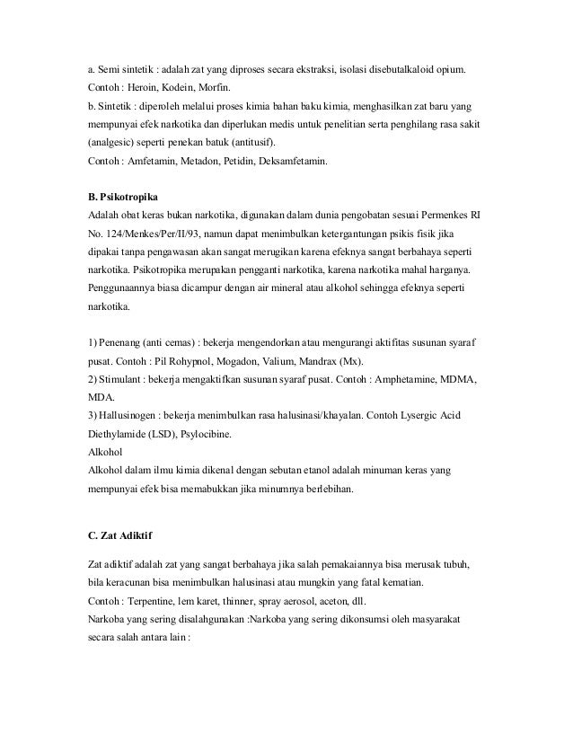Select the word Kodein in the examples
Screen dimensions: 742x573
(182, 89)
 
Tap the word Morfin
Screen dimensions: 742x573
(225, 89)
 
